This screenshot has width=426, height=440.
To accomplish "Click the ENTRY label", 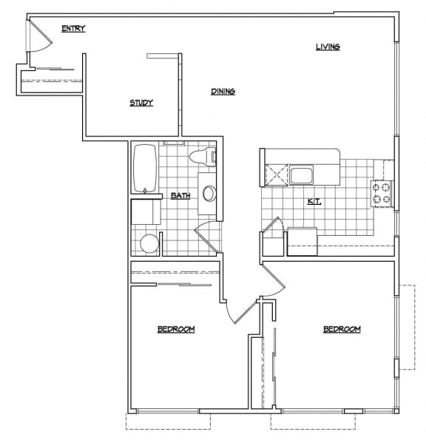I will pyautogui.click(x=73, y=29).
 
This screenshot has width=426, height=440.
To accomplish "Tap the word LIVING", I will pyautogui.click(x=328, y=47).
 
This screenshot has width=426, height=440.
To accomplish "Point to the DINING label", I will pyautogui.click(x=223, y=92).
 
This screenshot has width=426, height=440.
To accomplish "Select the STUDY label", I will pyautogui.click(x=141, y=103).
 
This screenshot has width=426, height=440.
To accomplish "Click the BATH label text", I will pyautogui.click(x=180, y=196).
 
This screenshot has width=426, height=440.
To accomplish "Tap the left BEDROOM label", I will pyautogui.click(x=176, y=329).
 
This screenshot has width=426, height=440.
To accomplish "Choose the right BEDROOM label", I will pyautogui.click(x=342, y=329).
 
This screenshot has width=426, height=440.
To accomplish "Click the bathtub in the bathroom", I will pyautogui.click(x=144, y=169).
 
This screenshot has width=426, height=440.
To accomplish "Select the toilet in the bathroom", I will pyautogui.click(x=202, y=157).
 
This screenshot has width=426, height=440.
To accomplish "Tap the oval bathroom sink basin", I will pyautogui.click(x=210, y=194).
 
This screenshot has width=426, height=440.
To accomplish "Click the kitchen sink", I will pyautogui.click(x=302, y=175).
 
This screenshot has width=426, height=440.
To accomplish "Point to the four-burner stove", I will pyautogui.click(x=381, y=193).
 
